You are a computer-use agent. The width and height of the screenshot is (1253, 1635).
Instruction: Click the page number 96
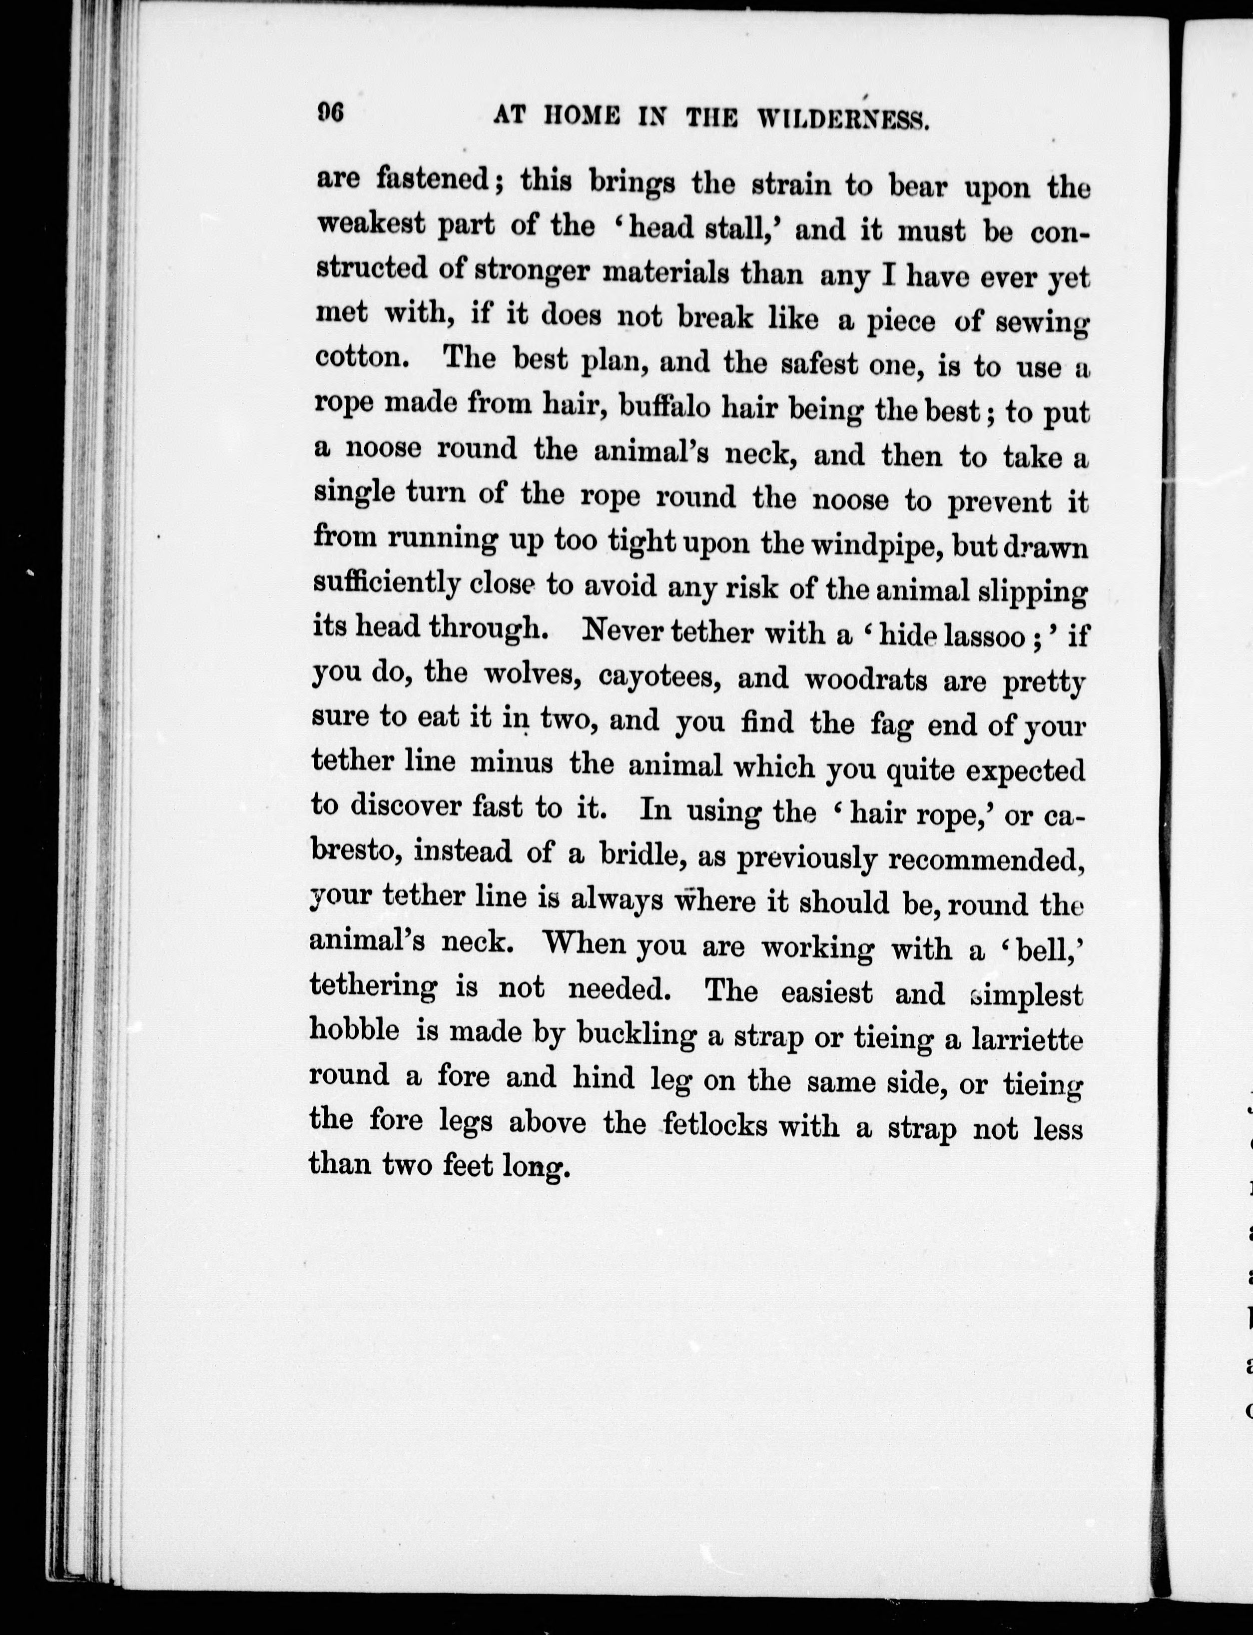click(x=329, y=113)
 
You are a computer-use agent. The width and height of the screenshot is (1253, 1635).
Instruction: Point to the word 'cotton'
click(x=360, y=357)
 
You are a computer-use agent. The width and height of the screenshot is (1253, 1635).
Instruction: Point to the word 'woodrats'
click(x=864, y=681)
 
